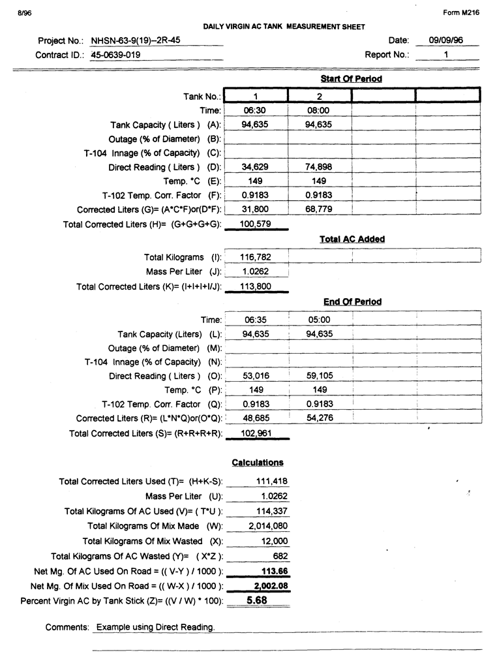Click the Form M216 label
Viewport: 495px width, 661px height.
point(465,13)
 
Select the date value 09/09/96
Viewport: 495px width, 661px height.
point(446,40)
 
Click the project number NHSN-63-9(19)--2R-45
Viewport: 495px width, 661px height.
point(136,40)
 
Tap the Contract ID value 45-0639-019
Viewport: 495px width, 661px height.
point(115,55)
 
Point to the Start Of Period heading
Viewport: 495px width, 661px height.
point(351,79)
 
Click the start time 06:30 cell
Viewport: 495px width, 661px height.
point(255,111)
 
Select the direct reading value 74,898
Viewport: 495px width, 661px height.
point(319,167)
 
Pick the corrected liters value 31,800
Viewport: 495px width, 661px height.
point(255,209)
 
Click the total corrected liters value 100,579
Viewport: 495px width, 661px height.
point(255,224)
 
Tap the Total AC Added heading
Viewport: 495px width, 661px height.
point(352,239)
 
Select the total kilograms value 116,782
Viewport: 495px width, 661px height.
point(255,257)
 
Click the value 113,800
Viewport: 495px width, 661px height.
point(255,286)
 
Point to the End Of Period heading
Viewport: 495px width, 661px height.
point(352,302)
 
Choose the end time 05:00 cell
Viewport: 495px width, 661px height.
point(319,320)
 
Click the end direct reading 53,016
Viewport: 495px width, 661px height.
point(255,376)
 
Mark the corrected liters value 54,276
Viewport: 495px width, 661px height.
point(319,418)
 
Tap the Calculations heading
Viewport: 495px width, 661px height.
point(258,463)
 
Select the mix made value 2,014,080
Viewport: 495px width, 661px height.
point(267,526)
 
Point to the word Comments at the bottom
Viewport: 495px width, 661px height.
point(67,627)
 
